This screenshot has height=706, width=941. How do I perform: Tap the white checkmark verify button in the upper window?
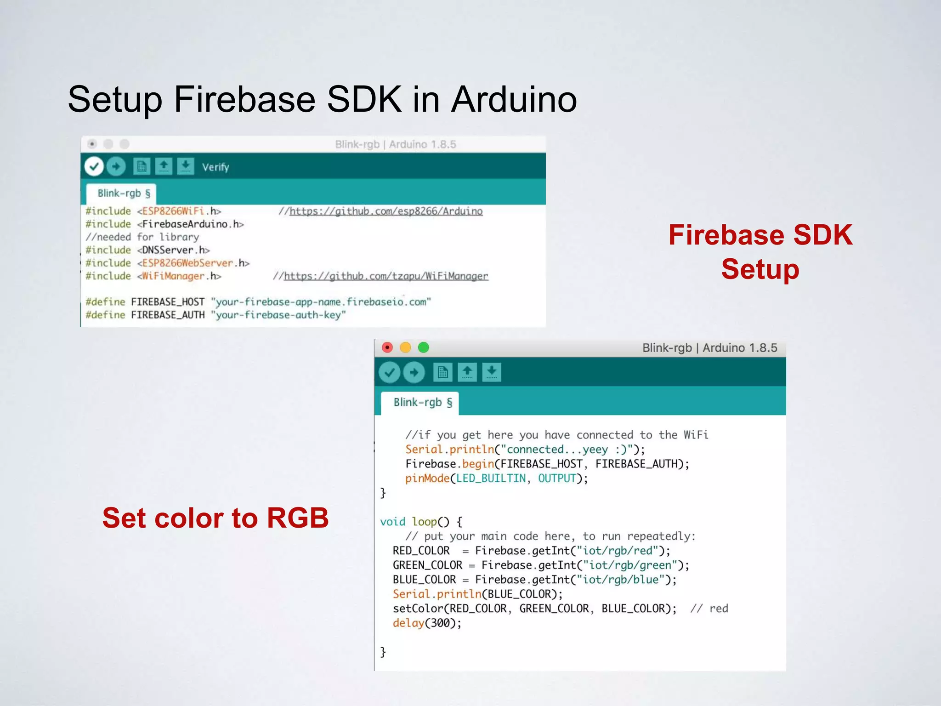click(x=94, y=166)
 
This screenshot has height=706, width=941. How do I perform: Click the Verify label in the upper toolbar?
click(x=215, y=167)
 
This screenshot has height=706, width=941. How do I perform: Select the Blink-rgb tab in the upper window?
click(x=123, y=194)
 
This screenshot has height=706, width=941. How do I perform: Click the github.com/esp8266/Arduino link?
click(x=386, y=211)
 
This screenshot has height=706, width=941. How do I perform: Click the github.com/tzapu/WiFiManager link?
click(x=386, y=276)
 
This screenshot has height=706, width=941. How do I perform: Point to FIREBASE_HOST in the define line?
click(x=168, y=302)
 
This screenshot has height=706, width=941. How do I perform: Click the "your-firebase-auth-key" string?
click(x=278, y=315)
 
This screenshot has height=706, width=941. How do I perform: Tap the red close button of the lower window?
click(x=387, y=347)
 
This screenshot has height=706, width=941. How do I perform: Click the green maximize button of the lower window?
click(x=423, y=347)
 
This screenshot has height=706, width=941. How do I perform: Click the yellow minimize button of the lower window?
click(x=405, y=347)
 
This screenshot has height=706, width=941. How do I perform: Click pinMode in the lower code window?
click(x=427, y=478)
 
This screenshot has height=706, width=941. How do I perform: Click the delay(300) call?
click(x=426, y=623)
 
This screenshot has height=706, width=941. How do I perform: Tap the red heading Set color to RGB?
click(x=215, y=518)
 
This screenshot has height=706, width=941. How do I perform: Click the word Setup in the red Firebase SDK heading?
click(x=760, y=269)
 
